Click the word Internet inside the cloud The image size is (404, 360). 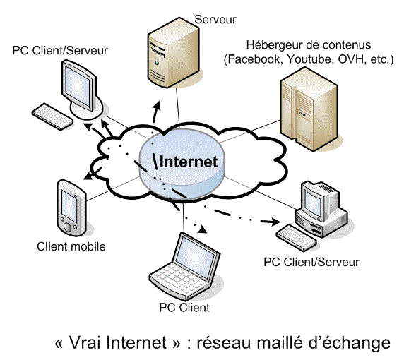point(189,162)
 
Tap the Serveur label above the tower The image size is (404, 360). point(215,20)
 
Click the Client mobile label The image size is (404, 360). point(71,246)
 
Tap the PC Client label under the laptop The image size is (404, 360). point(184,308)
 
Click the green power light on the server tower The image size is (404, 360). point(157,63)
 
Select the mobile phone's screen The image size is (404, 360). point(69,206)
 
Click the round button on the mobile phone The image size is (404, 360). point(67,227)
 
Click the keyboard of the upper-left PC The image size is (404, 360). point(52,116)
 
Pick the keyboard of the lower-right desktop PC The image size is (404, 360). point(296,238)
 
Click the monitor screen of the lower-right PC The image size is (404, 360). point(313,201)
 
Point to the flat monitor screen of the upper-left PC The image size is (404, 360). point(78,85)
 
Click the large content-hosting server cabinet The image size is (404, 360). point(309,109)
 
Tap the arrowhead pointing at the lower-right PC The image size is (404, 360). point(275,222)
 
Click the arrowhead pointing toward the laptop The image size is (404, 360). point(203,229)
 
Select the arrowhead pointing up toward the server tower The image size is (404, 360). point(158,106)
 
